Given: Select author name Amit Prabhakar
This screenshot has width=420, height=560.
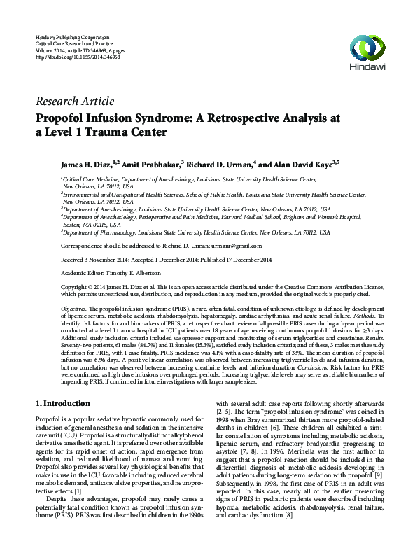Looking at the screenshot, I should [x=153, y=162].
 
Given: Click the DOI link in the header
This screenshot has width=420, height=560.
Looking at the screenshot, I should [x=77, y=56].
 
